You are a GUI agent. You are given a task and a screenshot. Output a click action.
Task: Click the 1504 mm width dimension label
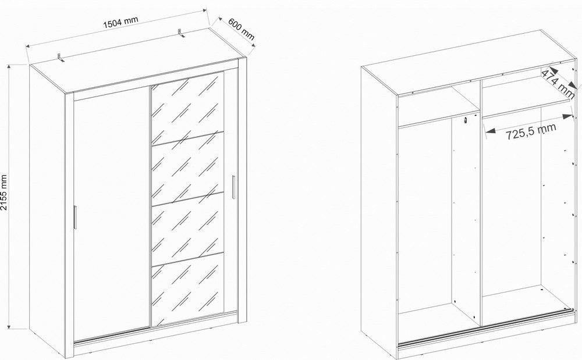coord(120,22)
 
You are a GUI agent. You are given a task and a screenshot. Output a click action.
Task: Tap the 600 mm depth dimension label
coord(242,28)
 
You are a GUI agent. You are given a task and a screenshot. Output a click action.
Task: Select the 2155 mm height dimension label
coord(4,193)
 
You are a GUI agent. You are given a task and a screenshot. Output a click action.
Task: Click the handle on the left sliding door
coord(74,218)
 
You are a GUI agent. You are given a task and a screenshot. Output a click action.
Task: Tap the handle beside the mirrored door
coord(233,187)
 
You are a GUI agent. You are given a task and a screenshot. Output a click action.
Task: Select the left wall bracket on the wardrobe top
coord(61,57)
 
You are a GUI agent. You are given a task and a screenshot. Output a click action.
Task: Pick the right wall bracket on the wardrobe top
coord(181,33)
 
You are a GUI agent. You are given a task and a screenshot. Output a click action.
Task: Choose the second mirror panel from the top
coord(187,168)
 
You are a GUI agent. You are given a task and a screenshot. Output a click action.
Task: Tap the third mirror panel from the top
coord(187,229)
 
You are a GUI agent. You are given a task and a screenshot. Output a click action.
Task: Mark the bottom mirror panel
coord(187,290)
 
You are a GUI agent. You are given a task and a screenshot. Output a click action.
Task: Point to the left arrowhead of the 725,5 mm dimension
coord(489,131)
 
